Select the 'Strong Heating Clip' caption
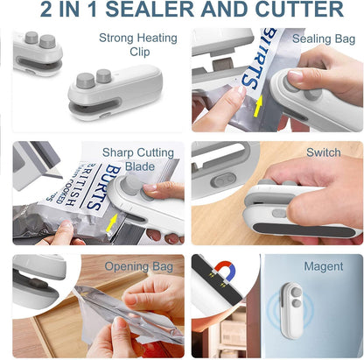tap(137, 45)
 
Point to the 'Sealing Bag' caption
tap(325, 39)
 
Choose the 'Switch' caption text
tap(323, 152)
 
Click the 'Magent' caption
tap(323, 266)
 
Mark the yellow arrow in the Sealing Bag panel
tap(258, 108)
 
